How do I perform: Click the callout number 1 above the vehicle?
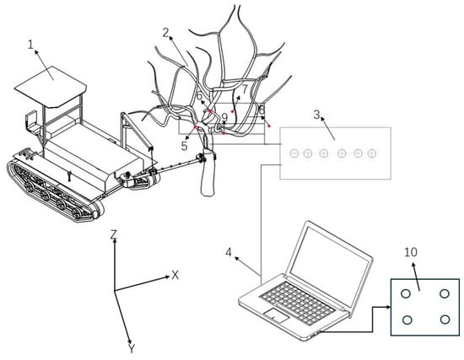pos(30,45)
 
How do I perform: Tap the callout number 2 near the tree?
pos(165,32)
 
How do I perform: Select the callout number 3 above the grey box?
pos(317,114)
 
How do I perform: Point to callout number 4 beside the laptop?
pos(229,253)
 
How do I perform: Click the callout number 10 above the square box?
pos(411,252)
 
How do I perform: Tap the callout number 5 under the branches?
pos(185,146)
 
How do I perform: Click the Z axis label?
pos(114,234)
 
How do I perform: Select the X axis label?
pos(175,276)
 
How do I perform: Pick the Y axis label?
pos(132,349)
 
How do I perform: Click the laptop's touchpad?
pos(277,315)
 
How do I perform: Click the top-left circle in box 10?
pos(406,293)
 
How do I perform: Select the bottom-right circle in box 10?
pos(445,320)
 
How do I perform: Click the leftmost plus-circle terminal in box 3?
pos(294,153)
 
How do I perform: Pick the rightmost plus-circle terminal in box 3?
pos(372,153)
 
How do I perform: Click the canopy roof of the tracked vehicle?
pos(51,86)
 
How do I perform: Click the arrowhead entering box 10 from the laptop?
pos(388,307)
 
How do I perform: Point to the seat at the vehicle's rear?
pos(33,122)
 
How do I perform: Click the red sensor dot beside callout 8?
pos(269,126)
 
